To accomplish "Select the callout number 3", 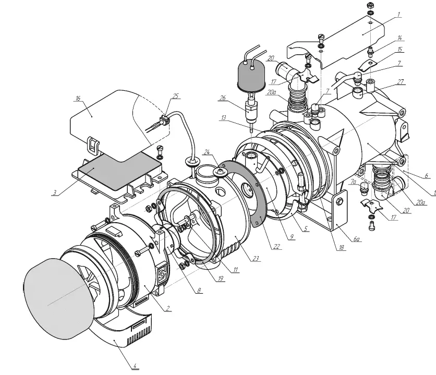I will pyautogui.click(x=54, y=192).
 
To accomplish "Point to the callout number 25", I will pyautogui.click(x=175, y=96).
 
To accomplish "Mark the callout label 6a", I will pyautogui.click(x=357, y=239).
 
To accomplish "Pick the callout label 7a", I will pyautogui.click(x=354, y=182).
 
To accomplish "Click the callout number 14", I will pyautogui.click(x=399, y=38).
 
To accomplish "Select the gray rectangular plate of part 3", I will pyautogui.click(x=118, y=172).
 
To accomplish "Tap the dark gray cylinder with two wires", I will pyautogui.click(x=252, y=76).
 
